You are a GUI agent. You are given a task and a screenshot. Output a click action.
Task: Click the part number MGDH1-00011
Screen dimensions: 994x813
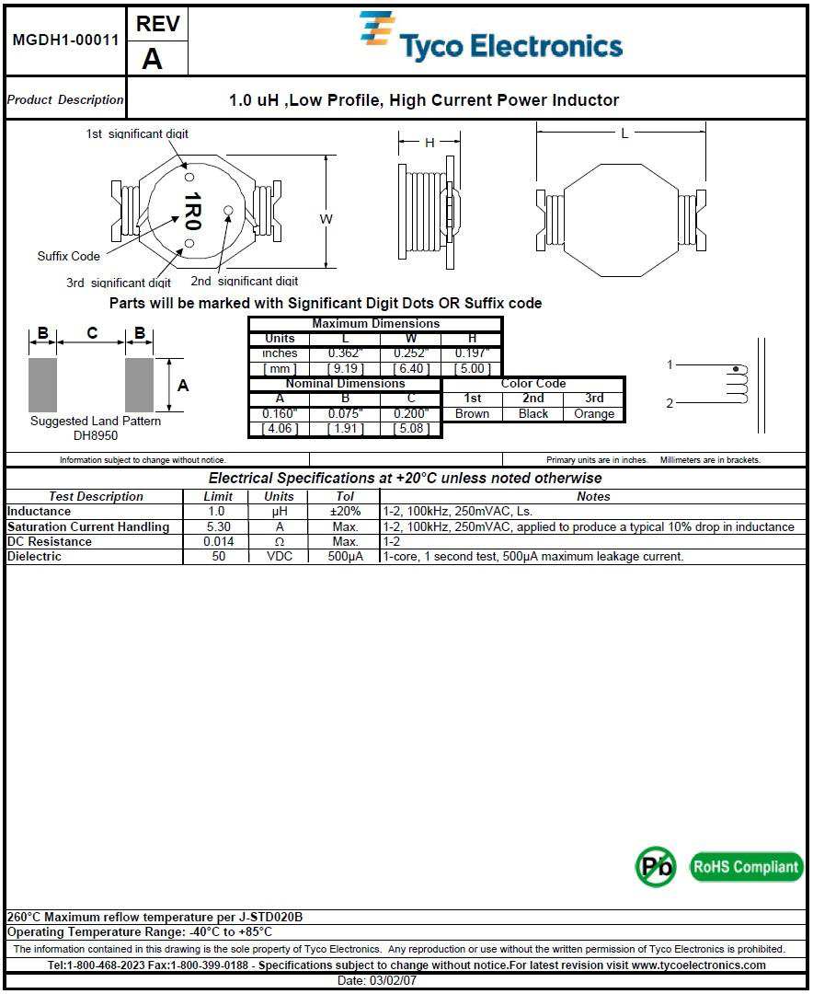click(65, 40)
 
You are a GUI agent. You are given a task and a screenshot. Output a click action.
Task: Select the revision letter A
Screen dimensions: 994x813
click(152, 58)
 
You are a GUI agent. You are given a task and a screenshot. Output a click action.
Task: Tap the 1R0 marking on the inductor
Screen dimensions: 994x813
click(192, 212)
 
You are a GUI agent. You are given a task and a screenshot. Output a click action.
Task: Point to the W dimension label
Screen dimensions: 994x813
click(326, 219)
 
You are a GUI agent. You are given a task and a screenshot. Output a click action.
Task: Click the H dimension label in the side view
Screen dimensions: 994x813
click(429, 143)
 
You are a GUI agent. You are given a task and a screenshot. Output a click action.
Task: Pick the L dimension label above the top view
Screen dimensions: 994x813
click(624, 133)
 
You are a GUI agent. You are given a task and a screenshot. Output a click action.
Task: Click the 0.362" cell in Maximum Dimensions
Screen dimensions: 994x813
click(346, 353)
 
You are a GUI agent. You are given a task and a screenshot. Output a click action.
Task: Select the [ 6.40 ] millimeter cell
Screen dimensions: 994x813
click(410, 368)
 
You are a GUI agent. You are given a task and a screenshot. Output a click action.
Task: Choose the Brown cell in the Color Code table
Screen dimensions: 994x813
click(472, 413)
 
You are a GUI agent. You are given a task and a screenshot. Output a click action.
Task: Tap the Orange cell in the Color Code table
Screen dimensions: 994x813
click(594, 413)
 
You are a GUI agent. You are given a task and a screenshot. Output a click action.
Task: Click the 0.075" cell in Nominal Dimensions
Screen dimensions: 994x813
click(346, 413)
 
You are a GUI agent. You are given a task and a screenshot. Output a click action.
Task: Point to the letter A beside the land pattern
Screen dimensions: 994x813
click(183, 386)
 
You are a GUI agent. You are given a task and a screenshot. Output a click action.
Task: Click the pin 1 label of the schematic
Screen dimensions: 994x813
click(670, 365)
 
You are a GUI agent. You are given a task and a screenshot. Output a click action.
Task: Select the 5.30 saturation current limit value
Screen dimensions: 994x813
click(216, 526)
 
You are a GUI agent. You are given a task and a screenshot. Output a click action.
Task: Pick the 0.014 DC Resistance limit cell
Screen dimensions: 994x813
click(216, 541)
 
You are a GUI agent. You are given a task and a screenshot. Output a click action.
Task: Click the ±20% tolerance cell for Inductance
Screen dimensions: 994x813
click(345, 511)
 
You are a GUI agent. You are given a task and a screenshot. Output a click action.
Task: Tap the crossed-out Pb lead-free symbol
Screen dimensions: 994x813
click(656, 866)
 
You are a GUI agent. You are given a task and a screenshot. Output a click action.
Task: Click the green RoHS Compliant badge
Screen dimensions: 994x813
click(745, 866)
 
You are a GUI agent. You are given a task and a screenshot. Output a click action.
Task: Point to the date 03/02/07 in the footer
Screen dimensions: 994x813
click(406, 980)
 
